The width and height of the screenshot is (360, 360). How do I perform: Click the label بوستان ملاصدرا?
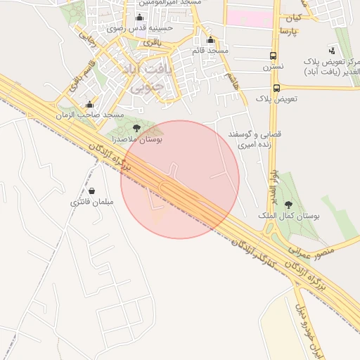click(x=139, y=141)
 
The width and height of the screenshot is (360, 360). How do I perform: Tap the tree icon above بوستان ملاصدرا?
click(x=136, y=128)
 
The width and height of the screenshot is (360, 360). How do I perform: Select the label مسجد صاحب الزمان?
click(x=103, y=115)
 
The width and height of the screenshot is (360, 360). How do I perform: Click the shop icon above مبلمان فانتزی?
click(x=92, y=191)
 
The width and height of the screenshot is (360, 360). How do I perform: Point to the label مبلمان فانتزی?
click(x=91, y=202)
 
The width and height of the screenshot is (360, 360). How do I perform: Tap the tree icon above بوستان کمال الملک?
click(x=288, y=205)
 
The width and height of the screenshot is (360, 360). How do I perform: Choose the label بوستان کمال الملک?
click(x=291, y=217)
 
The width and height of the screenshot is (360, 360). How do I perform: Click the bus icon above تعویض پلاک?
click(x=276, y=88)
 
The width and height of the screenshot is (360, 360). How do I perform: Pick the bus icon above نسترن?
click(x=273, y=56)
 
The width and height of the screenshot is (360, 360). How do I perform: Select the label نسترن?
click(x=273, y=67)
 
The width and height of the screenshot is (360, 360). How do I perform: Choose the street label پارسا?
click(x=290, y=32)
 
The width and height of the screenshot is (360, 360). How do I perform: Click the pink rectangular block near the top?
click(x=250, y=18)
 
